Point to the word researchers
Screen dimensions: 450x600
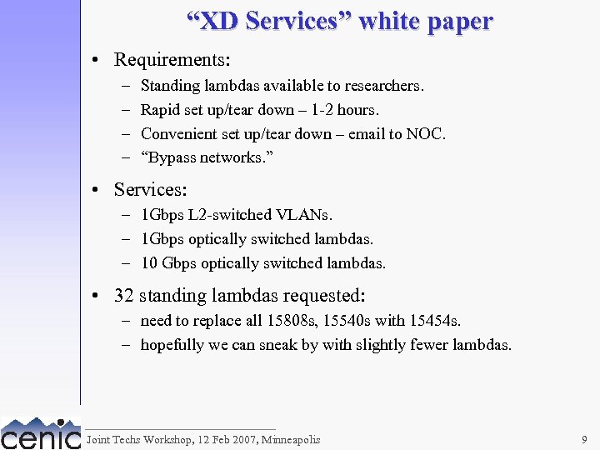pyautogui.click(x=385, y=86)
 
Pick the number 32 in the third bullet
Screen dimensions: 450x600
pyautogui.click(x=124, y=296)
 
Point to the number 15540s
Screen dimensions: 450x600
pyautogui.click(x=347, y=321)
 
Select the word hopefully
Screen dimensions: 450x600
pyautogui.click(x=172, y=345)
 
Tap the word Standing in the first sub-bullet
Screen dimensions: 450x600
pyautogui.click(x=168, y=86)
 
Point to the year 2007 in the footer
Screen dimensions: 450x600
pyautogui.click(x=244, y=440)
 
